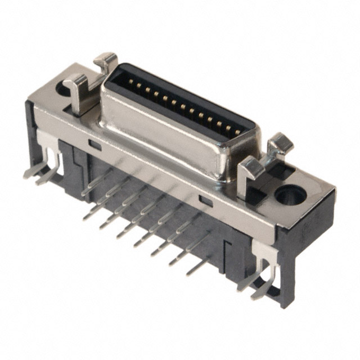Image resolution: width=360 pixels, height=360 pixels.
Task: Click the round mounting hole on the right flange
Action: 290,195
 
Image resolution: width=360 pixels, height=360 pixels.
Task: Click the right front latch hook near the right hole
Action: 252,170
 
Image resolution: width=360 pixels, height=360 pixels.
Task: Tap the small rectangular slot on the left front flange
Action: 95,145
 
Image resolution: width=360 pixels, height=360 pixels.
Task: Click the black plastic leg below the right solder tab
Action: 284,292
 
